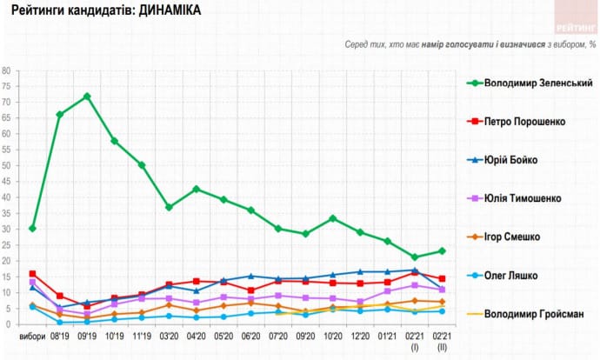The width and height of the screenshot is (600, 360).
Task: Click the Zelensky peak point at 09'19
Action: [x=87, y=97]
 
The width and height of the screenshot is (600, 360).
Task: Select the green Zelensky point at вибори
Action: [x=32, y=229]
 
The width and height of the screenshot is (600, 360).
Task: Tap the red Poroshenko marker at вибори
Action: [x=32, y=274]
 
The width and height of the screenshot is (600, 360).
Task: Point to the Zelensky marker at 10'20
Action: [x=333, y=218]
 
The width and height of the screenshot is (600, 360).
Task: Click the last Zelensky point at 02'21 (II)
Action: [x=442, y=251]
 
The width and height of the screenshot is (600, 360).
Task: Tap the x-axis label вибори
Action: [x=32, y=337]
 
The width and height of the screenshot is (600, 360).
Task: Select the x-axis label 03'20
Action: [x=169, y=337]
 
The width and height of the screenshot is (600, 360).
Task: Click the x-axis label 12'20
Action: [x=360, y=337]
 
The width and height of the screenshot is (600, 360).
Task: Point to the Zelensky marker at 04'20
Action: [x=197, y=189]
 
